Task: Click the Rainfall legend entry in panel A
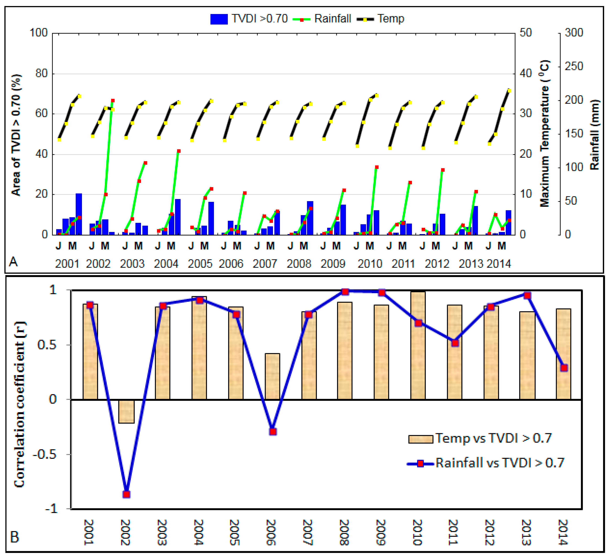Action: (332, 19)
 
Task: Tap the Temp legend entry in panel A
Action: (390, 19)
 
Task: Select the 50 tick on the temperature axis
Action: (526, 33)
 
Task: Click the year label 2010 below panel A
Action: (370, 264)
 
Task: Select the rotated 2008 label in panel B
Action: (344, 532)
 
